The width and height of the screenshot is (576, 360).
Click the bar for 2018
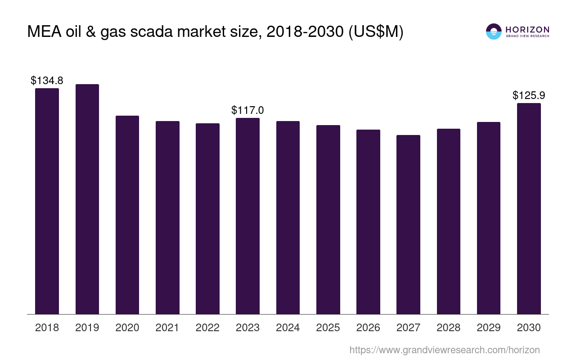click(47, 201)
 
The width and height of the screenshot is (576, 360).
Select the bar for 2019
click(87, 199)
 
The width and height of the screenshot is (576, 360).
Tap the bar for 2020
click(127, 215)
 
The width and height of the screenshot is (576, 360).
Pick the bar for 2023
click(247, 216)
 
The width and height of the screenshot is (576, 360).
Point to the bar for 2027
click(408, 225)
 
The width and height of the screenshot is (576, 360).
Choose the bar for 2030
click(529, 208)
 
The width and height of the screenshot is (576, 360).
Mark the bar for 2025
click(328, 220)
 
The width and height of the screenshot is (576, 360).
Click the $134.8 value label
click(47, 81)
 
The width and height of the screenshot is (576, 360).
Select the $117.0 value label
click(247, 110)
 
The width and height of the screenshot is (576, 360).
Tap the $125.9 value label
click(529, 95)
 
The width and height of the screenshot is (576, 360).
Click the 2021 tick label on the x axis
click(167, 328)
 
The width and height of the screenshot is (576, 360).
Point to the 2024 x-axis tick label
click(288, 328)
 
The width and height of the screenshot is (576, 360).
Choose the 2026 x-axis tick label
click(368, 328)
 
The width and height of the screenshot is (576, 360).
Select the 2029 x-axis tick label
click(489, 328)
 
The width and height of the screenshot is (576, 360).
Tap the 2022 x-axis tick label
click(207, 328)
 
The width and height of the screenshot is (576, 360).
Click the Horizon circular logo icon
click(494, 31)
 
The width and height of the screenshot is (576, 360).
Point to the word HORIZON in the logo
click(527, 30)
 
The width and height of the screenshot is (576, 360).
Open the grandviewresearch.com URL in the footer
click(445, 350)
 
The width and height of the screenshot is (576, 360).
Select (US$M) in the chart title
click(376, 32)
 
